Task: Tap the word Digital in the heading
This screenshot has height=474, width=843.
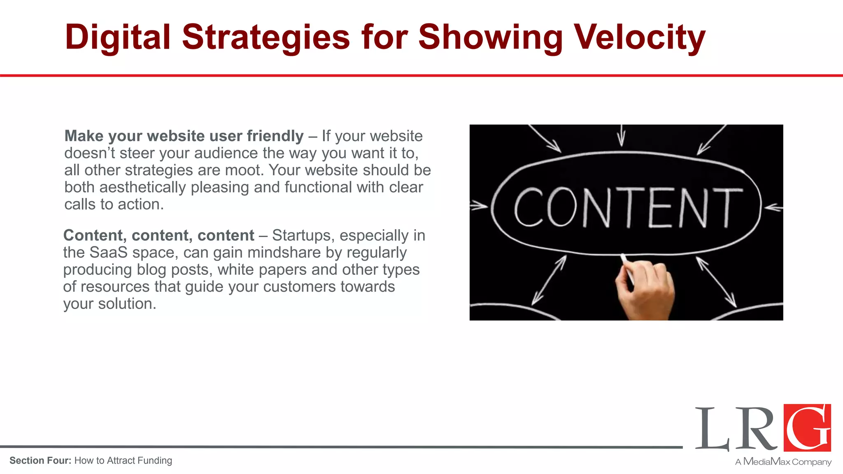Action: click(117, 37)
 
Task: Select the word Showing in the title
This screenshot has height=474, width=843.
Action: click(490, 37)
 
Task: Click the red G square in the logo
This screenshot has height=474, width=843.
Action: click(807, 428)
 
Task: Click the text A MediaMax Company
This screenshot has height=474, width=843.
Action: click(783, 462)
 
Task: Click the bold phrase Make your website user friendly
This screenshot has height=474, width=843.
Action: click(184, 136)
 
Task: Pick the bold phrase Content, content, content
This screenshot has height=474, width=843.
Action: click(158, 235)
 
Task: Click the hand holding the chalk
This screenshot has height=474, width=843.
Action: click(644, 290)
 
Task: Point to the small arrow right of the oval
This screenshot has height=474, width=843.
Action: click(774, 207)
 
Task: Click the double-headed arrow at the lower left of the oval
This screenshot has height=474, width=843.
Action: click(549, 280)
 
